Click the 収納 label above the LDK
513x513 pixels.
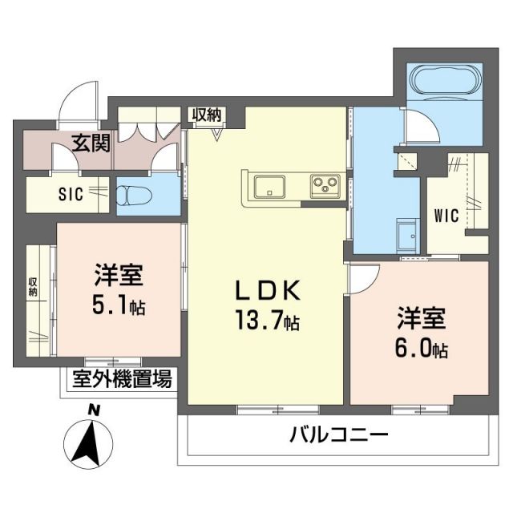206,115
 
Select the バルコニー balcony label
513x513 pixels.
338,436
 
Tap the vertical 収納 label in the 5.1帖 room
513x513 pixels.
33,287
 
